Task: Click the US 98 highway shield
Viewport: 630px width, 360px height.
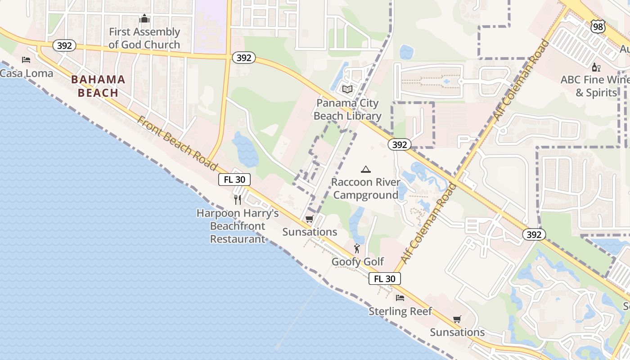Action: pyautogui.click(x=598, y=27)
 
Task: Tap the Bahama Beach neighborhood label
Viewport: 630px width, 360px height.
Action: pyautogui.click(x=98, y=86)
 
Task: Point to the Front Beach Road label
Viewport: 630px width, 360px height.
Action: pyautogui.click(x=177, y=143)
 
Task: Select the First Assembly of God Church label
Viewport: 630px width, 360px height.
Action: pyautogui.click(x=144, y=38)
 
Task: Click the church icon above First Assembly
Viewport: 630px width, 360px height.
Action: pyautogui.click(x=144, y=19)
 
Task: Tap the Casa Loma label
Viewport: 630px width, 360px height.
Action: pyautogui.click(x=27, y=73)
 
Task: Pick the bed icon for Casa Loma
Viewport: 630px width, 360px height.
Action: pyautogui.click(x=26, y=60)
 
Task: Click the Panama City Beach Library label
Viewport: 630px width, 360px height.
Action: pyautogui.click(x=347, y=109)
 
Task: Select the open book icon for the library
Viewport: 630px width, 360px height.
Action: pyautogui.click(x=347, y=89)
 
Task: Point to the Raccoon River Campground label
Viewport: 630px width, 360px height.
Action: pyautogui.click(x=365, y=189)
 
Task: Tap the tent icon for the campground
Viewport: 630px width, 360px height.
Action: pyautogui.click(x=365, y=170)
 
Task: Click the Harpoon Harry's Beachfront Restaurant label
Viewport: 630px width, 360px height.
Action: pyautogui.click(x=238, y=226)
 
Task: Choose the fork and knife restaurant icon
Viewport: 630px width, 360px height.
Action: pyautogui.click(x=238, y=199)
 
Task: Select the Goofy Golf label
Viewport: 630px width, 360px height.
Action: pyautogui.click(x=358, y=261)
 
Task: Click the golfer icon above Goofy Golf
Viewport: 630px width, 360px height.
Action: pyautogui.click(x=357, y=248)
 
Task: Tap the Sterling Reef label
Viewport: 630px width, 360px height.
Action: pyautogui.click(x=400, y=311)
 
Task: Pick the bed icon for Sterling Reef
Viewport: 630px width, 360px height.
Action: pyautogui.click(x=400, y=298)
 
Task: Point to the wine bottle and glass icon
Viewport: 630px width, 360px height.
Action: pyautogui.click(x=596, y=67)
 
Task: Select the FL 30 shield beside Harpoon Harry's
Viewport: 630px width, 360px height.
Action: pyautogui.click(x=234, y=180)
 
